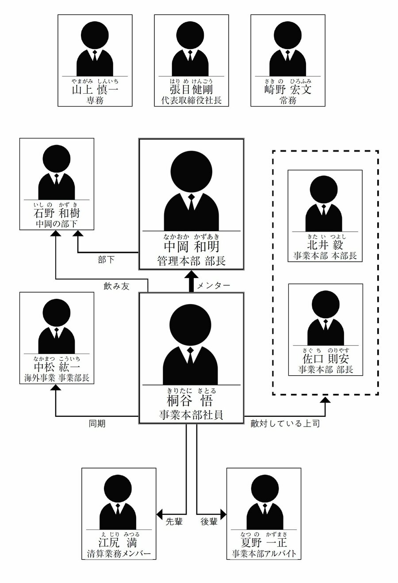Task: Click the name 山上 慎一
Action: (95, 90)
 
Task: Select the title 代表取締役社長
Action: (191, 101)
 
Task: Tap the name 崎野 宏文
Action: (287, 90)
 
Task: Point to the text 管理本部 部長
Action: (191, 261)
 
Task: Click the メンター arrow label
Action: (214, 286)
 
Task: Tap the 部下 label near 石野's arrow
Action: (106, 260)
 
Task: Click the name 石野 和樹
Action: (57, 213)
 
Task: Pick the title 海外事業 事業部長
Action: (57, 378)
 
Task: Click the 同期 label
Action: (97, 424)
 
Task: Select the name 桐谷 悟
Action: (191, 401)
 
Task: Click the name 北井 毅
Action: (325, 245)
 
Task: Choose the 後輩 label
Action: (209, 522)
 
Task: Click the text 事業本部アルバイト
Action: (264, 554)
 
